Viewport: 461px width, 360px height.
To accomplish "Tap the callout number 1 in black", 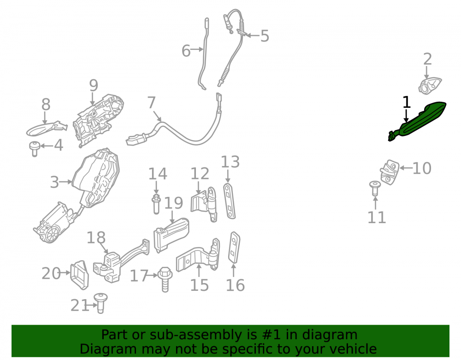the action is click(406, 102).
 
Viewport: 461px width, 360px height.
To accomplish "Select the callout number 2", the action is click(427, 59).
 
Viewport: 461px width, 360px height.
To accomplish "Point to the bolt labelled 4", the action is click(35, 149).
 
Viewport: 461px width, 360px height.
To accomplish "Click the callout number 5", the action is click(265, 36).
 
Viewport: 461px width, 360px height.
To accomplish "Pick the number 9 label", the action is click(94, 85).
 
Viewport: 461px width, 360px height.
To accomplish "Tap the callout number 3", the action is click(54, 182).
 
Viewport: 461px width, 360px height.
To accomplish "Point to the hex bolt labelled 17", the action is click(165, 279).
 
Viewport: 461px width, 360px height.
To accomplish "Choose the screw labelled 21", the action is click(100, 303).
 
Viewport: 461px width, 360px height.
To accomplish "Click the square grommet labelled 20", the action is click(79, 274).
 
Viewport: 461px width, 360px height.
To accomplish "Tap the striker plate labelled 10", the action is click(389, 172).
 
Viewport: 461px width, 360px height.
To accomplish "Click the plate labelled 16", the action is click(234, 247).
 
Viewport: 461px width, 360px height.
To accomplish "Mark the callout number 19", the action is click(173, 203).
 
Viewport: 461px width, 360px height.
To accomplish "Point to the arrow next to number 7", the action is click(157, 115).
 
